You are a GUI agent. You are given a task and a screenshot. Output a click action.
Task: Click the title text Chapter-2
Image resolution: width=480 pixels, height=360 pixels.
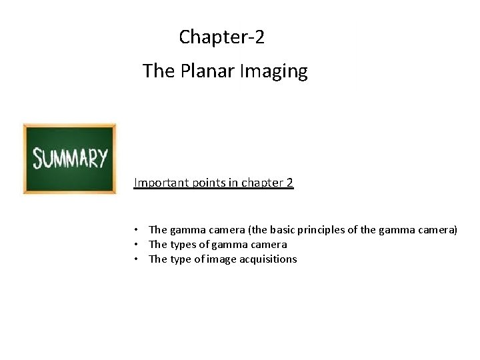tap(221, 37)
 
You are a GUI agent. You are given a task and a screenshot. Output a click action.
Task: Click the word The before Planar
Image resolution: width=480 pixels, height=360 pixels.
tap(158, 71)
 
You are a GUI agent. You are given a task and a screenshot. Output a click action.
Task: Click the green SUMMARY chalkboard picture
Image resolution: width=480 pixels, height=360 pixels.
tap(69, 159)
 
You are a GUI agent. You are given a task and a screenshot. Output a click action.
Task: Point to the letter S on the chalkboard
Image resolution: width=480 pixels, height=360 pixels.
tap(39, 159)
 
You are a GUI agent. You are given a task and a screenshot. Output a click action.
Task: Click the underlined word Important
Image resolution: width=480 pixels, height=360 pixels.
tap(158, 182)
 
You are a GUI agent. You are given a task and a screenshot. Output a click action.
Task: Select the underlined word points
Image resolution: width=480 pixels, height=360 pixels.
tap(203, 182)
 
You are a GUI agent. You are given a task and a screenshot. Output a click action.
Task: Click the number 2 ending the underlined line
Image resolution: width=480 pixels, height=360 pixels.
tap(289, 182)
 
